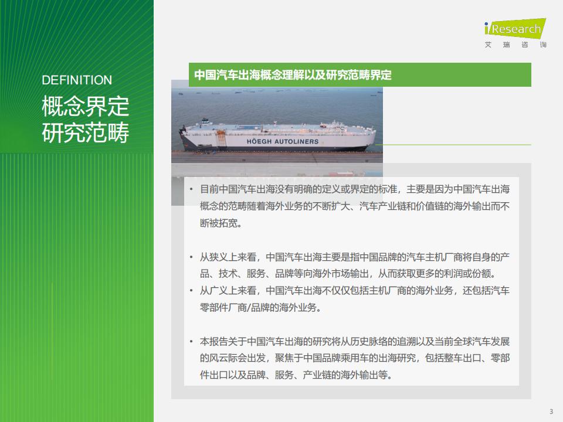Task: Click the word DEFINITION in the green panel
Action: tap(77, 80)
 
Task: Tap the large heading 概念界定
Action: tap(86, 106)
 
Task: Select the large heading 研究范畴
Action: tap(86, 133)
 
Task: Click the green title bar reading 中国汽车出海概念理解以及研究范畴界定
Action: tap(359, 74)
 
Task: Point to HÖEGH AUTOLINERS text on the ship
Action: tap(283, 141)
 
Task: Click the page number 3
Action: tap(551, 411)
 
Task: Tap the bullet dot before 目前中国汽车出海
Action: tap(191, 189)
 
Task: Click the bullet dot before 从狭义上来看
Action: tap(191, 257)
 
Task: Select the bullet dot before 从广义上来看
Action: tap(191, 290)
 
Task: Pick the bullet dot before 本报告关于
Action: tap(191, 341)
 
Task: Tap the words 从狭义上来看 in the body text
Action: tap(228, 257)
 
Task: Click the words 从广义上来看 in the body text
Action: tap(228, 290)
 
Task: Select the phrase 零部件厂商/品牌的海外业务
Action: tap(258, 308)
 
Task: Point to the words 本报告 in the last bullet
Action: tap(214, 341)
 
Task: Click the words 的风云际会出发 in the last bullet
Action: tap(233, 358)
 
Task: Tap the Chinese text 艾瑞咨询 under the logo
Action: tap(515, 45)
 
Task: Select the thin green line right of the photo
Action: tap(453, 145)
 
